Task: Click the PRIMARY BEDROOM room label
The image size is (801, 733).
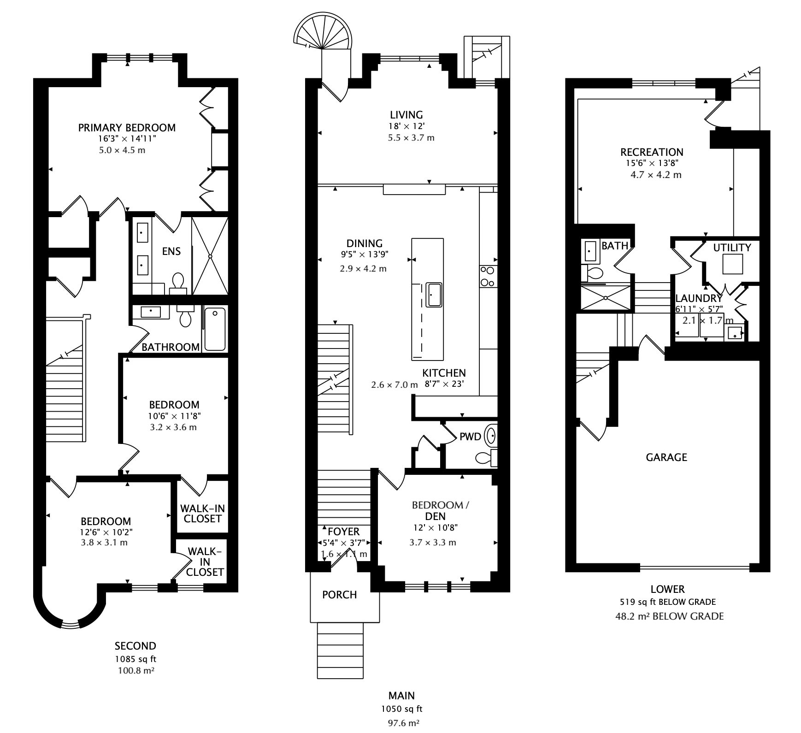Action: pyautogui.click(x=127, y=128)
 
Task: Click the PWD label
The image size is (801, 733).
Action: pyautogui.click(x=470, y=437)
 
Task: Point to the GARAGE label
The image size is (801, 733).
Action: pyautogui.click(x=666, y=457)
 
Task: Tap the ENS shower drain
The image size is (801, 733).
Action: pyautogui.click(x=210, y=256)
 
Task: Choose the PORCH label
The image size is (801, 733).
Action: pyautogui.click(x=340, y=595)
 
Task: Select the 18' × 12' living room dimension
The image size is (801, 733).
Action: pyautogui.click(x=406, y=126)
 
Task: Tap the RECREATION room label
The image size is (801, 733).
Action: pyautogui.click(x=652, y=152)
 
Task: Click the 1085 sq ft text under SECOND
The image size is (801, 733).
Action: pyautogui.click(x=135, y=659)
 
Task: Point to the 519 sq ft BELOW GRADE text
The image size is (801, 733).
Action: pyautogui.click(x=668, y=602)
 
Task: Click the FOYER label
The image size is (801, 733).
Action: pyautogui.click(x=343, y=531)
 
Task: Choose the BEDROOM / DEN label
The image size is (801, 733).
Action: pyautogui.click(x=440, y=510)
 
